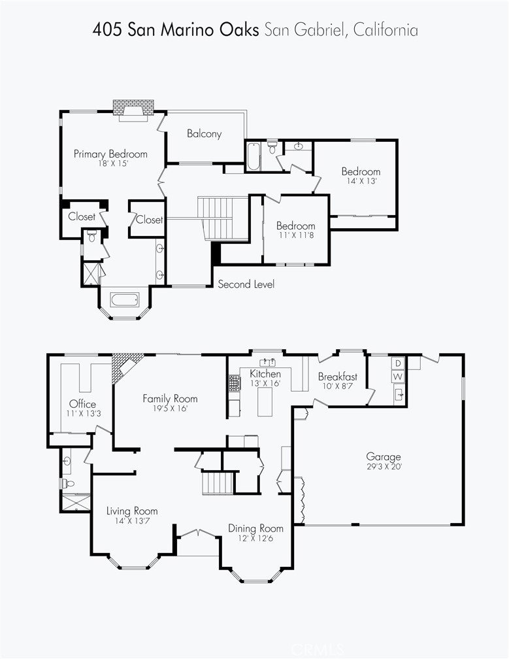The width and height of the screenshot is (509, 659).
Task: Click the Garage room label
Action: pos(384,456)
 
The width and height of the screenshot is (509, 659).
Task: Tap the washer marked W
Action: pos(398,376)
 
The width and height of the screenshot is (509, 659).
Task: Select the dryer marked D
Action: pos(398,363)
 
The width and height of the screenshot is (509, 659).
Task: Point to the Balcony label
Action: pos(204,133)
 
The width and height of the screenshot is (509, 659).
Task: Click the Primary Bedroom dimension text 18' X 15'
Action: pos(112,163)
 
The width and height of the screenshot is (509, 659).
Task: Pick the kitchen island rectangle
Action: pos(265,402)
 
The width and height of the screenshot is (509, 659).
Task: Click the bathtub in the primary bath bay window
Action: pos(124,300)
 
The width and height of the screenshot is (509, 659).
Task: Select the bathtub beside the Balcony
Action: pos(254,157)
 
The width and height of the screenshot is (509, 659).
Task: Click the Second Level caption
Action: pos(246,284)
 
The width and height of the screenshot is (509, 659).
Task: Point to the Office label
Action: pos(83,404)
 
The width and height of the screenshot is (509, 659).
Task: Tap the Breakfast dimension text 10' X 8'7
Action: pos(337,386)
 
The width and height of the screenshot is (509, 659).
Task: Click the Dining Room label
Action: pos(255,528)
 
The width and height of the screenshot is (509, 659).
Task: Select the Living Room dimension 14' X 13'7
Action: pos(132,520)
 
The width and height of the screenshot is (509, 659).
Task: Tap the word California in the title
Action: pos(386,30)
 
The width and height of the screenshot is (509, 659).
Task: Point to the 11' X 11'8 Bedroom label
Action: pos(295,230)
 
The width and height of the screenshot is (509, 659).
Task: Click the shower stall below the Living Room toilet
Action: pos(76,503)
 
